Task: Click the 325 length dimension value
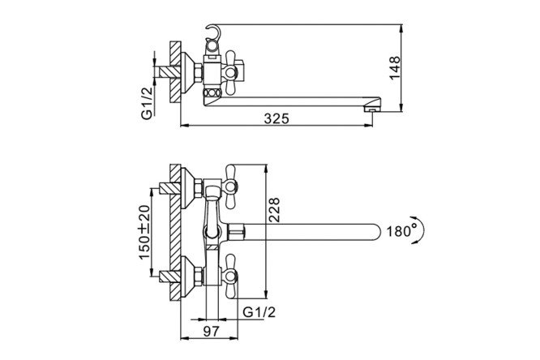[x=276, y=118]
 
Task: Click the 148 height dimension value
[x=395, y=68]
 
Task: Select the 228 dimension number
[x=274, y=210]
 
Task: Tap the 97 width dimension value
[x=211, y=332]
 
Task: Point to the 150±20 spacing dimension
[x=144, y=232]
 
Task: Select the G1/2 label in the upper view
[x=147, y=103]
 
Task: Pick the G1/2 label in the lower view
[x=259, y=312]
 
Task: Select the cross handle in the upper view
[x=231, y=73]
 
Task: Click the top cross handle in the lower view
[x=231, y=187]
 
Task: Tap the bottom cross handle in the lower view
[x=231, y=276]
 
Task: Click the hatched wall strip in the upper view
[x=175, y=72]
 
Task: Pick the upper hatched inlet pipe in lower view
[x=169, y=187]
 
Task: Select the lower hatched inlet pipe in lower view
[x=169, y=276]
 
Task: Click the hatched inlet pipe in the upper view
[x=167, y=72]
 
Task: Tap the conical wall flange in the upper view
[x=188, y=73]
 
